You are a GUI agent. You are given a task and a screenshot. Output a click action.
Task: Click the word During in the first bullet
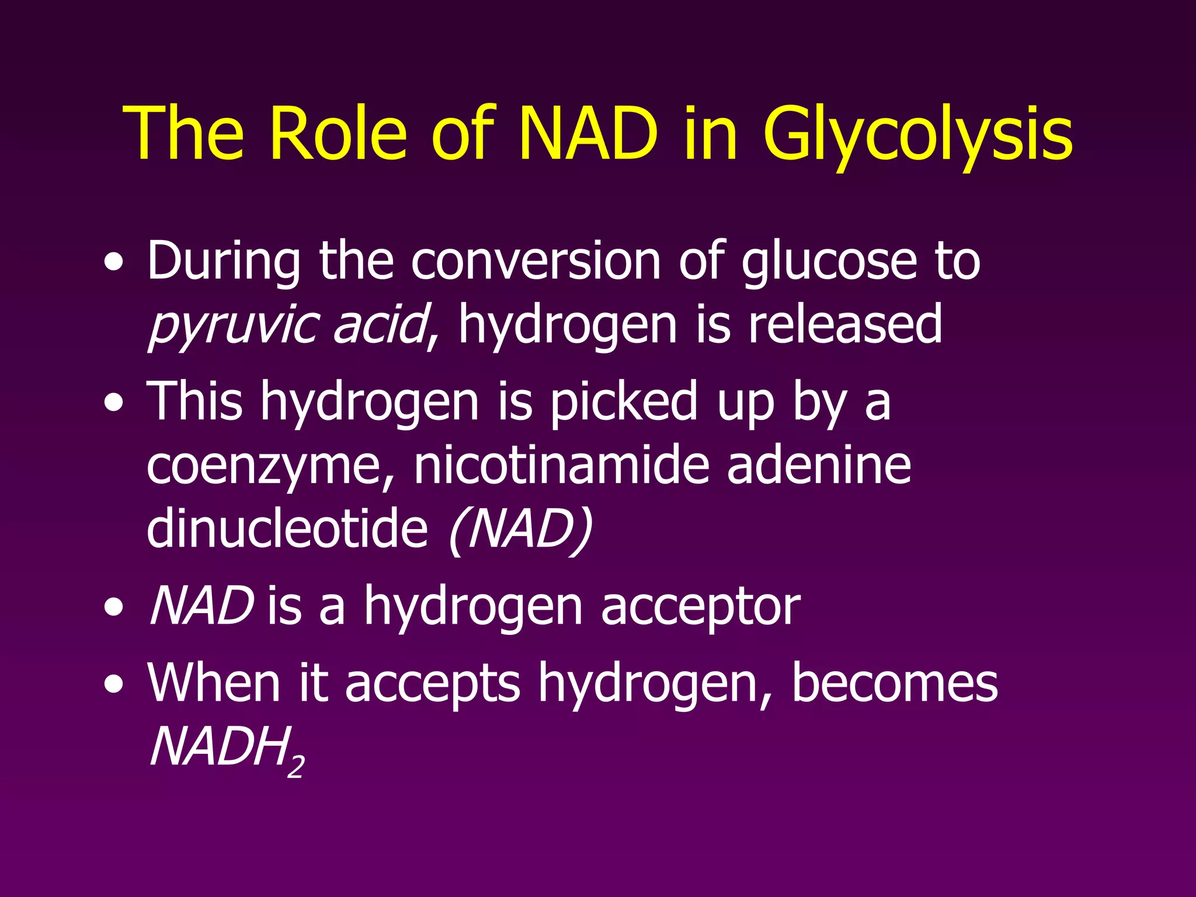tap(224, 261)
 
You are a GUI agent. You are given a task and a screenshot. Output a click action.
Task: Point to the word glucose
tap(829, 261)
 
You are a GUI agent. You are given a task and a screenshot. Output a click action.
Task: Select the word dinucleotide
tap(287, 528)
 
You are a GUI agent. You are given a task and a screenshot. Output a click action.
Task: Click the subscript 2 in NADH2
tap(296, 766)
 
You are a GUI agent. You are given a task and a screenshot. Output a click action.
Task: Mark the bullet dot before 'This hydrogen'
tap(113, 403)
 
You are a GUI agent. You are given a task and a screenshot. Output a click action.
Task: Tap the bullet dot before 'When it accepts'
tap(113, 684)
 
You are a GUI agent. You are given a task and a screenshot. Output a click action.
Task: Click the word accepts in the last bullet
tap(432, 684)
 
